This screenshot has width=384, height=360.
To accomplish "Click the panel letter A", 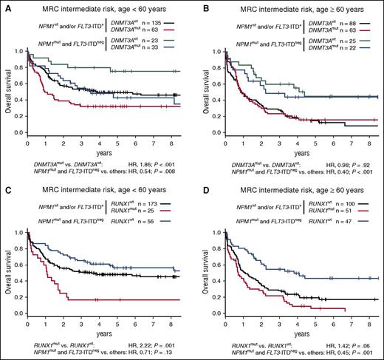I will [x=6, y=6].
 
